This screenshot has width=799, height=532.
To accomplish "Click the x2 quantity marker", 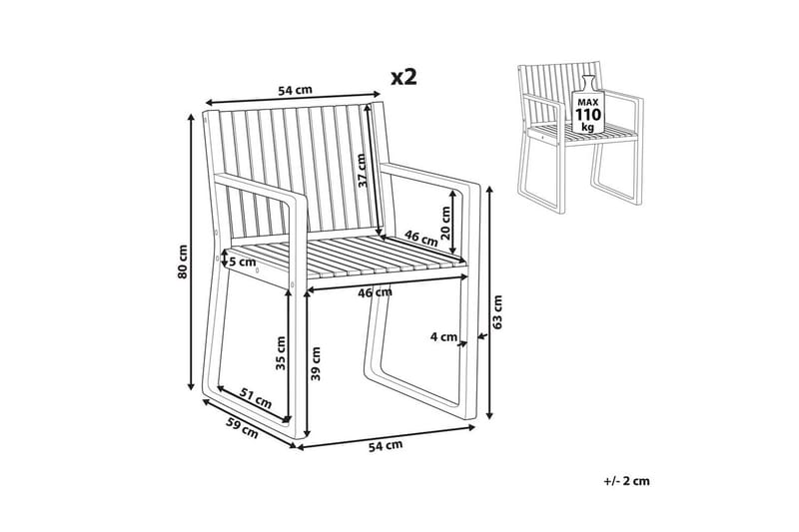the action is (x=404, y=78).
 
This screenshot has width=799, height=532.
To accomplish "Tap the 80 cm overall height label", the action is (x=183, y=262).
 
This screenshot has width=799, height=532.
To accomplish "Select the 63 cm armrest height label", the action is (x=497, y=311).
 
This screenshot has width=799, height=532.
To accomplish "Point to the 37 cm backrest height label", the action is (x=362, y=171).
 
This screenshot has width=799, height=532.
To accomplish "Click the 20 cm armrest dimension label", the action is (x=445, y=223).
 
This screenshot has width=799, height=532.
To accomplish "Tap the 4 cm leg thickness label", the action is (x=443, y=336).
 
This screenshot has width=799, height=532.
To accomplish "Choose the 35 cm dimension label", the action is (x=280, y=352).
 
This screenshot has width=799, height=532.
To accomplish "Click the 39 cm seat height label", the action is (x=316, y=363).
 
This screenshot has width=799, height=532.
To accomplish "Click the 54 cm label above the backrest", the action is (x=295, y=91).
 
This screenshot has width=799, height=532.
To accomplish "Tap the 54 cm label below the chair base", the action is (x=386, y=445).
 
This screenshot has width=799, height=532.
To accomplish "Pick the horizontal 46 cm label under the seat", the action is (x=376, y=292).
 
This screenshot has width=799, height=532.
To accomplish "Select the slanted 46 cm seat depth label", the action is (x=421, y=238).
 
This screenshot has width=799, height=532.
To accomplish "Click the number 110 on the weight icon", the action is (x=588, y=115).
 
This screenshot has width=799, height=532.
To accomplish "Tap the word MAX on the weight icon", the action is (x=588, y=103).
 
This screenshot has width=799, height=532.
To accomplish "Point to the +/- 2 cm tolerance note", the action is (x=627, y=480).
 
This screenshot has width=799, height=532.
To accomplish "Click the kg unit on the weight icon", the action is (x=588, y=127).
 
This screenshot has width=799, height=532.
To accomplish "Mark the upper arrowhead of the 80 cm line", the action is (x=191, y=117).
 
